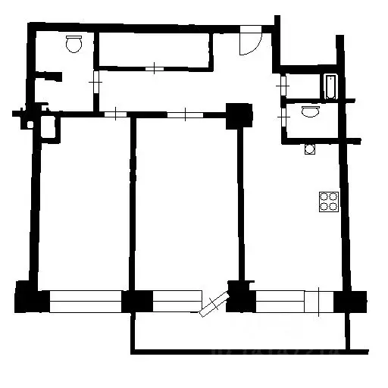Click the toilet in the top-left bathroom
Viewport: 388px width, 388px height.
click(x=74, y=45)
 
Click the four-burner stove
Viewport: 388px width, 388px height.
click(x=329, y=201)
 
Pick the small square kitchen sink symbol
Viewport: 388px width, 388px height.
click(x=309, y=149)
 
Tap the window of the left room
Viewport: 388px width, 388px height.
click(x=85, y=301)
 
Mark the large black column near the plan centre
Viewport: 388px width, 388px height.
click(x=240, y=115)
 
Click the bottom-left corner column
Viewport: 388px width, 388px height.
click(x=27, y=296)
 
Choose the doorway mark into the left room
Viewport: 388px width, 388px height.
click(x=114, y=114)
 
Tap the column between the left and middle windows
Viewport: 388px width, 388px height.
click(x=137, y=301)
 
